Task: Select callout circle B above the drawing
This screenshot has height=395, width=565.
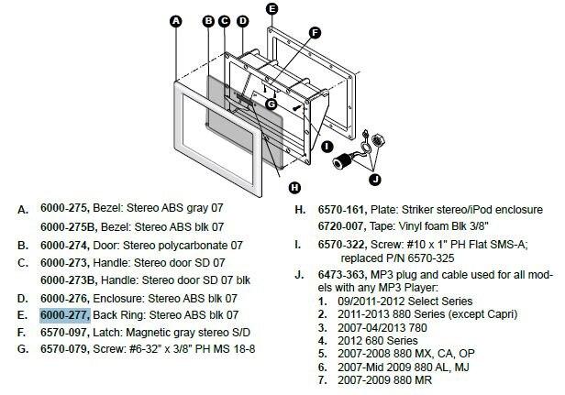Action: (208, 20)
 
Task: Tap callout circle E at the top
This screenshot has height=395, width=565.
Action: (271, 9)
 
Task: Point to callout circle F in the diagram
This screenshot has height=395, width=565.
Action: (315, 33)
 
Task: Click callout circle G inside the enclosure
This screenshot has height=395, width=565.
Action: (271, 104)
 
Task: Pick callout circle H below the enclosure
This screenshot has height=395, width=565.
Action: (294, 187)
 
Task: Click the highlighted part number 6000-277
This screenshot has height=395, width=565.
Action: (64, 313)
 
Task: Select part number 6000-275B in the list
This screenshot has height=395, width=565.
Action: (68, 225)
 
